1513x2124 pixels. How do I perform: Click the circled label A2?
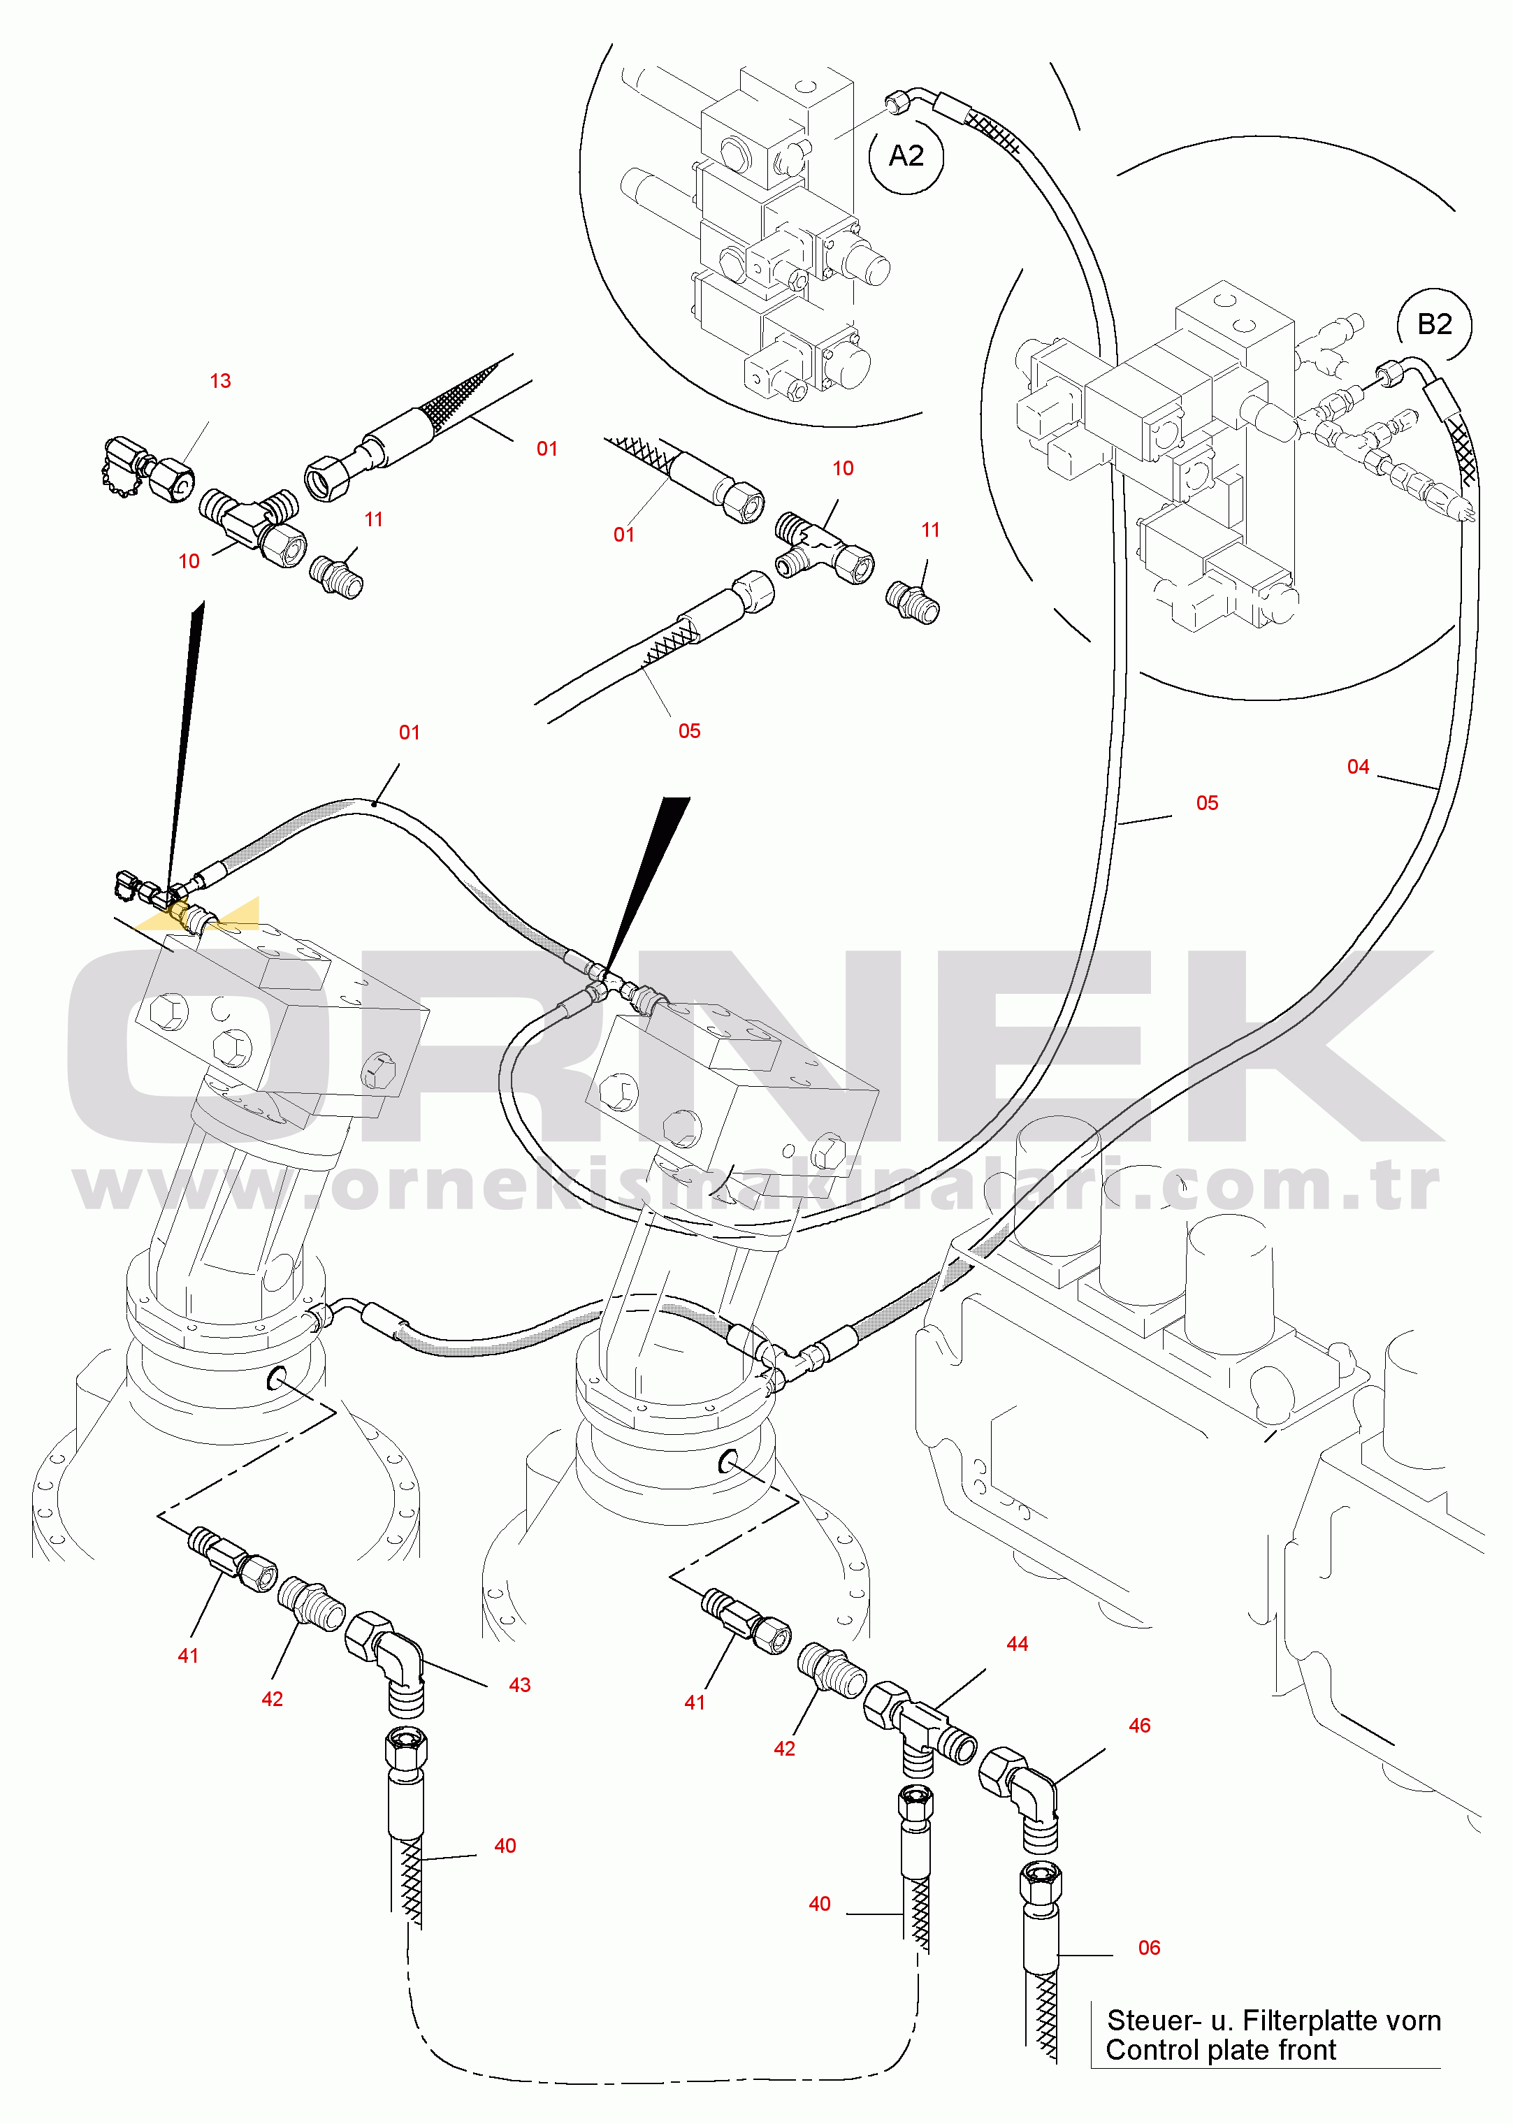click(x=906, y=156)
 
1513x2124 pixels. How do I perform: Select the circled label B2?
click(x=1435, y=324)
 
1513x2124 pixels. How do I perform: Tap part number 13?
click(x=220, y=381)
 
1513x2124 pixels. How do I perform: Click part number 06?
click(x=1149, y=1948)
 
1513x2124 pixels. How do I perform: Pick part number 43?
click(x=520, y=1685)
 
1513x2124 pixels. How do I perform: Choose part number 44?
click(x=1018, y=1645)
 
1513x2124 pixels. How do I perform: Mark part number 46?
click(x=1139, y=1726)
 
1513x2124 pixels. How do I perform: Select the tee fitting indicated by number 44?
click(x=920, y=1728)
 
